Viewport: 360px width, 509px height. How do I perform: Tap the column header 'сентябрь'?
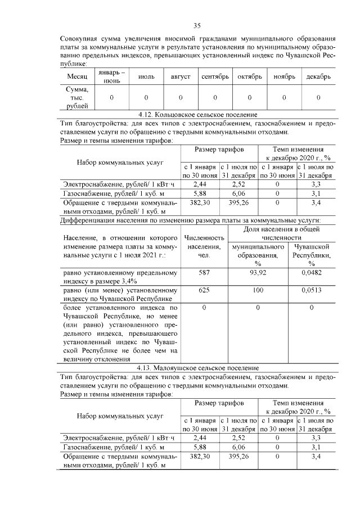[215, 76]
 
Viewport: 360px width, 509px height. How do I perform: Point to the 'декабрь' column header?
[318, 76]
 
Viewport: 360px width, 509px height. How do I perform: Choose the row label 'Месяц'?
[77, 76]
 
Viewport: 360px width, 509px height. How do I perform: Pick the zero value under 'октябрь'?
[250, 97]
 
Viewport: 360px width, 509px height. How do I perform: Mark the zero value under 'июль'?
[146, 97]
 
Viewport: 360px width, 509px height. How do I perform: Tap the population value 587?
[204, 273]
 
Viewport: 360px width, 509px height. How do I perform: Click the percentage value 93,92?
[258, 273]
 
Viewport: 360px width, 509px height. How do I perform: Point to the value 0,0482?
[311, 273]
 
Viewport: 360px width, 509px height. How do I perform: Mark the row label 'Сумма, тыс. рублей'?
[77, 97]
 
